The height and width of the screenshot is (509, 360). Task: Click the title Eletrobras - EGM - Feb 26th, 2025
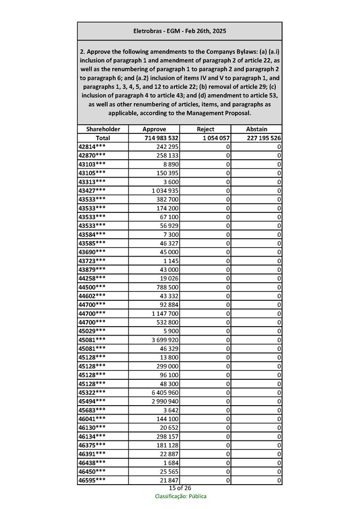pos(180,31)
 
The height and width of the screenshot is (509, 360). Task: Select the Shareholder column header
pos(103,129)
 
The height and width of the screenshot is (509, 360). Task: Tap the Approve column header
pos(154,129)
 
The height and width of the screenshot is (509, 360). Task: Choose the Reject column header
pos(205,129)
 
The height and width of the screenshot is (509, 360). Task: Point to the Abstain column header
pos(257,129)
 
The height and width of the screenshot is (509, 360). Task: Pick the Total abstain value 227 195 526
pos(264,138)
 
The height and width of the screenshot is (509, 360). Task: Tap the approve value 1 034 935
pos(165,190)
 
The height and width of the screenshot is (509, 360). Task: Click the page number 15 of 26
pos(180,488)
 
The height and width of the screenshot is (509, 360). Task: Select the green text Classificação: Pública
pos(180,496)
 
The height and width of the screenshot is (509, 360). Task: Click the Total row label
pos(103,138)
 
